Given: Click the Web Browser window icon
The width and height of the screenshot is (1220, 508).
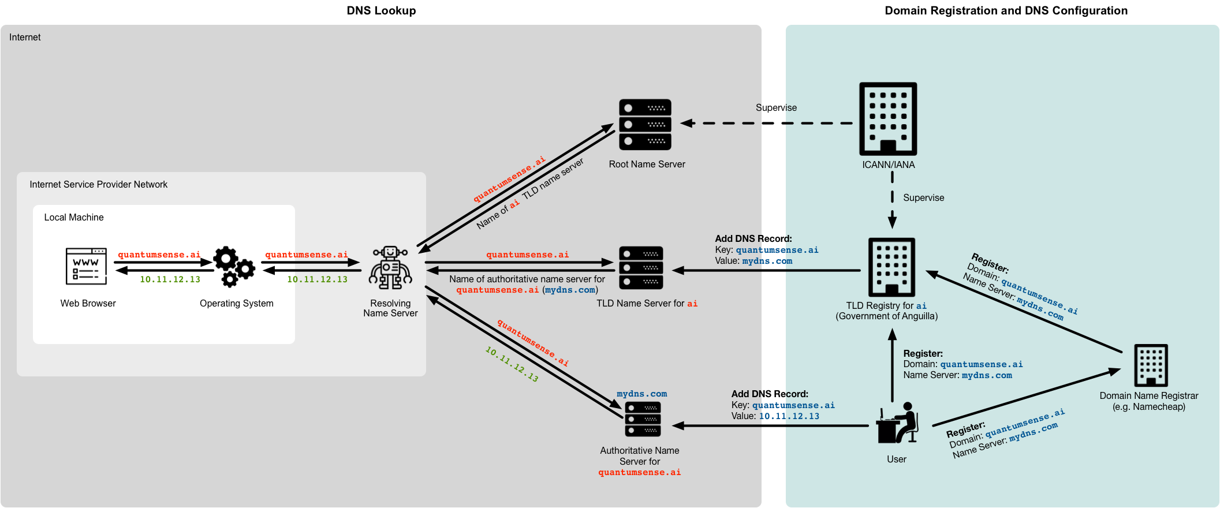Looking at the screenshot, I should (87, 266).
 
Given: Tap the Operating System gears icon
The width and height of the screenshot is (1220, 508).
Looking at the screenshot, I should (234, 267).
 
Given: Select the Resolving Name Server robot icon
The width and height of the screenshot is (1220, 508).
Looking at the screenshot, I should (391, 268).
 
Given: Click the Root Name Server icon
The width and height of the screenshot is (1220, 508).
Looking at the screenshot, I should (645, 125).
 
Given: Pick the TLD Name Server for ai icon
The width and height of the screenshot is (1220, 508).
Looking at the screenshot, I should (641, 268).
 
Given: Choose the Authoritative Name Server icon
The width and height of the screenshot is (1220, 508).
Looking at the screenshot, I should (643, 419).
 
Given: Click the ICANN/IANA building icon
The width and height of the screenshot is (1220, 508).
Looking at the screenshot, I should (888, 119).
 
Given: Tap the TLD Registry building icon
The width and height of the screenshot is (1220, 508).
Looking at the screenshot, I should (891, 267).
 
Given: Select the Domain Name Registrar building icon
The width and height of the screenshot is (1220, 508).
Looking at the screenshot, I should (1151, 365).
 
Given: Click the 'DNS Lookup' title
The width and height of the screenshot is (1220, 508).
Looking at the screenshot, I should (381, 10).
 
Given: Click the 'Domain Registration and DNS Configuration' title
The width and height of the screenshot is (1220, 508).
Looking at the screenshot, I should (1006, 10).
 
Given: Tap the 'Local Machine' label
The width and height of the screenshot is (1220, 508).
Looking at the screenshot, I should (74, 217).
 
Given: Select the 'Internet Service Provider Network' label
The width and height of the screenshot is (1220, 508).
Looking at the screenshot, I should (99, 184).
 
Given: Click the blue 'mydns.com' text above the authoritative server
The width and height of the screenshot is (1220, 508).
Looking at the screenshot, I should (641, 394).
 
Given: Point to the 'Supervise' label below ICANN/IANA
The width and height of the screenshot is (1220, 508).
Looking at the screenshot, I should (923, 197).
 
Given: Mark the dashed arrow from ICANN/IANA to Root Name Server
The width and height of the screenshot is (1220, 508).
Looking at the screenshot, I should (768, 123).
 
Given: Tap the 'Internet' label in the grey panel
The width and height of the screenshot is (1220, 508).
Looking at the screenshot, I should (25, 37).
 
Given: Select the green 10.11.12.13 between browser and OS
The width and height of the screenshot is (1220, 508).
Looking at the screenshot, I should (170, 279).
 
